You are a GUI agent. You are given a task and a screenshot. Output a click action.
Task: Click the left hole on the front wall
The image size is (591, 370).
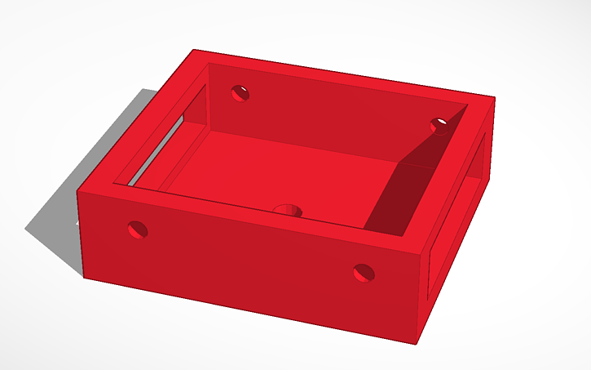[139, 229]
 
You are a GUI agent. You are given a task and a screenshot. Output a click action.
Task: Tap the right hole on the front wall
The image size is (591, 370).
[364, 272]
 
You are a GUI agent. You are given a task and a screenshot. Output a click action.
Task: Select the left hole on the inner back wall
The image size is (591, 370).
[240, 93]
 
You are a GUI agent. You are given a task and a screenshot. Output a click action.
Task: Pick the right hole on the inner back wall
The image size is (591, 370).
[439, 125]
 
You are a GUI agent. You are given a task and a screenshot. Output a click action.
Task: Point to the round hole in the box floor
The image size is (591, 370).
[287, 211]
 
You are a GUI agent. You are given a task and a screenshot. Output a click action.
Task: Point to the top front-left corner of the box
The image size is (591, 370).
[79, 191]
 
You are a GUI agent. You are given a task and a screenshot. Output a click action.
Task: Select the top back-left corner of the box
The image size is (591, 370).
[194, 51]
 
